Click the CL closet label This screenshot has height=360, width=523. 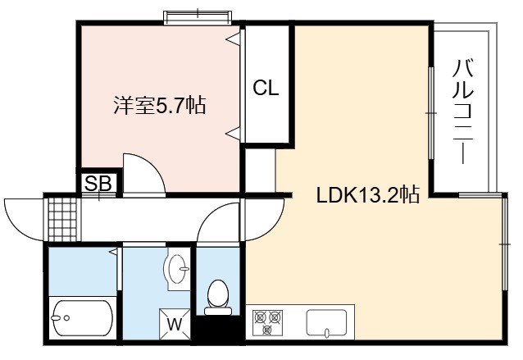[x=266, y=88]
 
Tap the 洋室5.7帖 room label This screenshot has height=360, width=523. [x=159, y=106]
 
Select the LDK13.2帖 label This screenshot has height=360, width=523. [x=367, y=194]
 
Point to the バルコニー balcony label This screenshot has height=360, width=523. [x=463, y=111]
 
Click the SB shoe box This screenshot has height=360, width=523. [x=98, y=183]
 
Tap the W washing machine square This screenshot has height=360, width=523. [x=175, y=324]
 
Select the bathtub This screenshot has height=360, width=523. [x=83, y=318]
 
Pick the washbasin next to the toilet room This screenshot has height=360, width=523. [x=176, y=269]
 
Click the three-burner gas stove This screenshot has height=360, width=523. [x=267, y=322]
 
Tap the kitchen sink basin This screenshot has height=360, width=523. [x=326, y=322]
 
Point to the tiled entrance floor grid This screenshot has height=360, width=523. [x=62, y=220]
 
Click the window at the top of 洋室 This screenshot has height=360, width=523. [x=198, y=17]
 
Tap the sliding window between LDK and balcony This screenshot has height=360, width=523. [x=431, y=113]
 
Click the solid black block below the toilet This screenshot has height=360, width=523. [x=217, y=328]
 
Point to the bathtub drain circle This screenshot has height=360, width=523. [x=67, y=318]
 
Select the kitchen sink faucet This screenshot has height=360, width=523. [x=327, y=332]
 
